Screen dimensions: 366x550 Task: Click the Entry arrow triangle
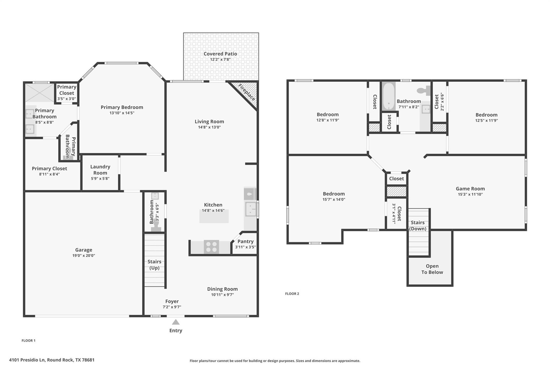point(176,322)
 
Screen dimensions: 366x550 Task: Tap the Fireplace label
point(247,93)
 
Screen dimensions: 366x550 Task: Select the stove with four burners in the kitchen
point(211,247)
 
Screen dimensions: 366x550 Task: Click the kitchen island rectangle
point(214,216)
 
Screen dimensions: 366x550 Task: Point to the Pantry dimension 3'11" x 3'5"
point(245,247)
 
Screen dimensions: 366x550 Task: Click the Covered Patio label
point(220,54)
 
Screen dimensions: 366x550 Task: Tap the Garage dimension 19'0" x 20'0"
point(84,255)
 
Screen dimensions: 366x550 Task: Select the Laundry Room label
point(100,170)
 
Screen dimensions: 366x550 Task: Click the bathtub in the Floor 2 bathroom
point(388,96)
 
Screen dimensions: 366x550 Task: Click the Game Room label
point(470,189)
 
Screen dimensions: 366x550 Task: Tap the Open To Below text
point(432,269)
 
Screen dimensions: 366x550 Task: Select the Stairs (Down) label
point(418,225)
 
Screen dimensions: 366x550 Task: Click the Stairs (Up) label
point(154,265)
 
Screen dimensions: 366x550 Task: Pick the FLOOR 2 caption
point(292,294)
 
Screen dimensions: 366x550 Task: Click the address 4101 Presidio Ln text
point(52,360)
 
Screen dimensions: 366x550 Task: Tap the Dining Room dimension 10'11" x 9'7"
point(222,295)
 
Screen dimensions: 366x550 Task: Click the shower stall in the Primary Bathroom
point(39,93)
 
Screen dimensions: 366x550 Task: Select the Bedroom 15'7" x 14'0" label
point(334,194)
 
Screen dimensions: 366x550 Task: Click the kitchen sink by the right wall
point(250,209)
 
